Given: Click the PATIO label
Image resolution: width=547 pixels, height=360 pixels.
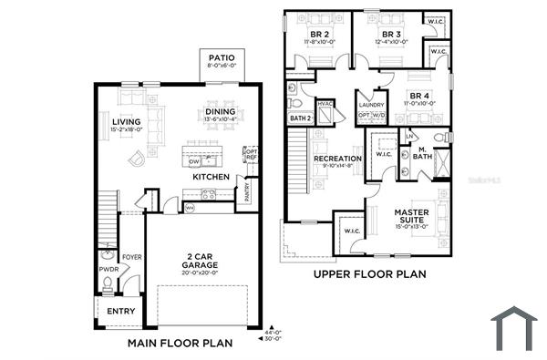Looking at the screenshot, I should coord(222,57).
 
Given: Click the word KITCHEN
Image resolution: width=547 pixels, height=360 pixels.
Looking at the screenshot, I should coord(211,176).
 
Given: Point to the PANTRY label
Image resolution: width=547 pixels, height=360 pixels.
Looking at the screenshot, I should coord(245,193).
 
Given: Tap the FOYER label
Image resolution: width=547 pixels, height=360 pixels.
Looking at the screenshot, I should coord(132,256).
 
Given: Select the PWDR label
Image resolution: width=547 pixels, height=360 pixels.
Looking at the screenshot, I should coord(108,268).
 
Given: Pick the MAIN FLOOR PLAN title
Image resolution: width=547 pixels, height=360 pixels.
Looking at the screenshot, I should coord(181,344).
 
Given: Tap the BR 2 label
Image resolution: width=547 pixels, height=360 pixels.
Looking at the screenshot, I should coord(319,34).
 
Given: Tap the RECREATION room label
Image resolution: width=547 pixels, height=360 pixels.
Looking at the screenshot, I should coord(338,159).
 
